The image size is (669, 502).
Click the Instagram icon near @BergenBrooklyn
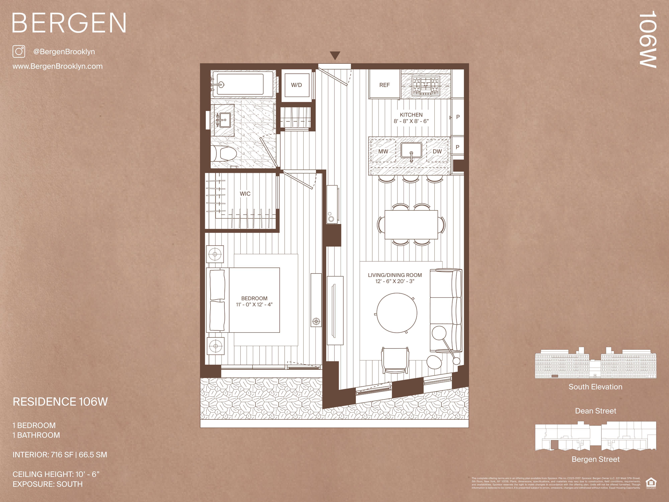pos(19,51)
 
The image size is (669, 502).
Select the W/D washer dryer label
pos(296,85)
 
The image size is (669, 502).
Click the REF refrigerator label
pos(384,85)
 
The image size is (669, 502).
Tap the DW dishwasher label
pos(437,151)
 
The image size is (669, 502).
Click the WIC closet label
pos(245,194)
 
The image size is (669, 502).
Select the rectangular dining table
pos(411,225)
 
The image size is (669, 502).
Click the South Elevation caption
pos(595,387)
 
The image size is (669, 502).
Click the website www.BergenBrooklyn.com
pos(57,66)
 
